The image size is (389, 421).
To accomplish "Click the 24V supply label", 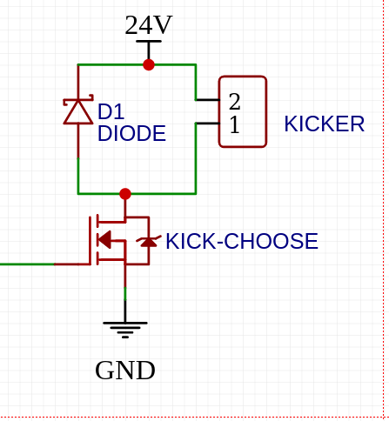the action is click(x=149, y=25).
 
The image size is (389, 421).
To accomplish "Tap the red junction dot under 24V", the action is click(x=149, y=64).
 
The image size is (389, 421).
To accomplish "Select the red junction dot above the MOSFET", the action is click(x=125, y=194).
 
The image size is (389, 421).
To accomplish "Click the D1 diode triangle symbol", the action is click(x=78, y=111).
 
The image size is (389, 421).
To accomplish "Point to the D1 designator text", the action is click(x=111, y=111).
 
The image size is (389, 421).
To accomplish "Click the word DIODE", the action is click(x=131, y=133).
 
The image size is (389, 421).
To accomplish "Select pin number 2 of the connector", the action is click(x=234, y=102).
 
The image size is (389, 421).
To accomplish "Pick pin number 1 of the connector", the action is click(x=235, y=124).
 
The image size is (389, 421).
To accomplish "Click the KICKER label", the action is click(x=325, y=124).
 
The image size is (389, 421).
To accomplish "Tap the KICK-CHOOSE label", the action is click(x=242, y=241).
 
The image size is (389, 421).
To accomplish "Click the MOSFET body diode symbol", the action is click(x=149, y=241).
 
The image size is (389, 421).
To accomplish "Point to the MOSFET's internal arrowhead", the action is click(x=104, y=240).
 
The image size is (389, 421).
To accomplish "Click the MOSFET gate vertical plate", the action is click(x=91, y=241).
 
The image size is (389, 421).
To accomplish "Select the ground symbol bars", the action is click(x=125, y=330).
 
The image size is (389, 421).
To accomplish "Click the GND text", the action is click(x=125, y=371).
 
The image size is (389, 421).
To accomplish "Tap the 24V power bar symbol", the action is click(x=149, y=42).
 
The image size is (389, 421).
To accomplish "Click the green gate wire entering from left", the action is click(x=27, y=264).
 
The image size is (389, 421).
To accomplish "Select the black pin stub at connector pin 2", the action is click(x=208, y=100).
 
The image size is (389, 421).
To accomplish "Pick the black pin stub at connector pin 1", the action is click(x=208, y=124).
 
